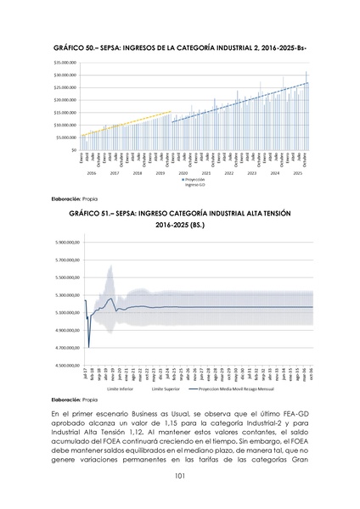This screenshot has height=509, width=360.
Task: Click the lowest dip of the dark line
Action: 89,347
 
